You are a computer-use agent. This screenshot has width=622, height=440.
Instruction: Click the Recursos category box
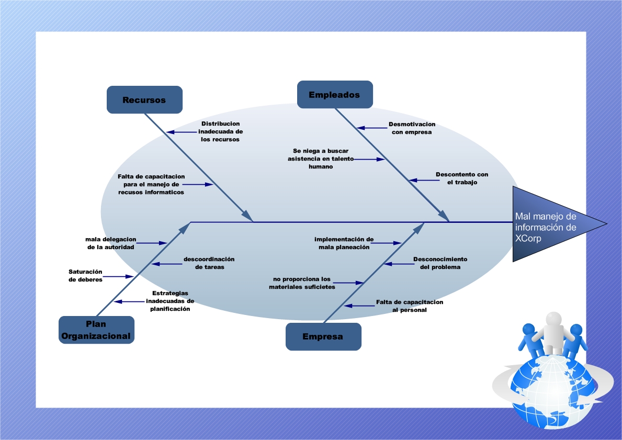click(144, 100)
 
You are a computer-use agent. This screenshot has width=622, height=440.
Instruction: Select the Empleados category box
click(334, 95)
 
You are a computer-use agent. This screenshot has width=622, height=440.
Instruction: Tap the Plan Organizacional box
click(96, 330)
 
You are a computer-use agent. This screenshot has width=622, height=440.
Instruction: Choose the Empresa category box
click(323, 336)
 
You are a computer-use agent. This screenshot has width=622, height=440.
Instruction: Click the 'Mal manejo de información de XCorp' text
click(546, 227)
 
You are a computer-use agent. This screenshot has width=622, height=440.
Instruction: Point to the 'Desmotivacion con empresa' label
click(412, 128)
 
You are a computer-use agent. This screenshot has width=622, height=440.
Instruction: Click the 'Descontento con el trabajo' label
click(462, 178)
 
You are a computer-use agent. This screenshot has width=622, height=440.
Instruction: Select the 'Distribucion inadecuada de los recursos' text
click(220, 132)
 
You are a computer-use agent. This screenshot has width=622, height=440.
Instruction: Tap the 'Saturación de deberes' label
click(85, 276)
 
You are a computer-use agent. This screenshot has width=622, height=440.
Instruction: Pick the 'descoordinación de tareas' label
click(209, 263)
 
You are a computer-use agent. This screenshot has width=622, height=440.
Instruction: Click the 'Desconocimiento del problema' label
click(440, 263)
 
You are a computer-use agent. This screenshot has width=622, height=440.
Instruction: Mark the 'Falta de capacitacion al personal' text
click(410, 306)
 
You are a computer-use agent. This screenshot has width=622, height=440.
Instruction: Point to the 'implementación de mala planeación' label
click(344, 243)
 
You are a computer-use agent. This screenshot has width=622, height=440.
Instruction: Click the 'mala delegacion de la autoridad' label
click(110, 243)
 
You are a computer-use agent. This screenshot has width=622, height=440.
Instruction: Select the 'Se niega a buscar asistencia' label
click(320, 159)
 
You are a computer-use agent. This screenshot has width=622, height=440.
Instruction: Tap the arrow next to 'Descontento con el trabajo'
click(424, 180)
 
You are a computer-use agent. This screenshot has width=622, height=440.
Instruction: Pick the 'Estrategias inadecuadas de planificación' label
click(170, 301)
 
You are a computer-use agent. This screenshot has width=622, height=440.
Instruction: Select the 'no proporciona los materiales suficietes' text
click(302, 283)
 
